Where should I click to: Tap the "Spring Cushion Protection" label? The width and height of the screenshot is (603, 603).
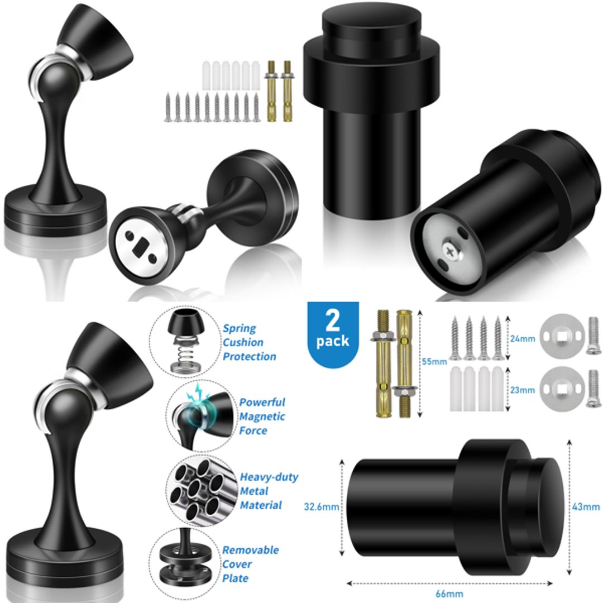pos(249,342)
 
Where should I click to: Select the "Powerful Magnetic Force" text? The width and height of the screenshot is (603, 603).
pos(262,417)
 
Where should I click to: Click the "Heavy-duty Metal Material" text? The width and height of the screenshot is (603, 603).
pos(268,491)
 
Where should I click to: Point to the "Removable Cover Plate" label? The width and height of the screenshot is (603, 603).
pos(250,563)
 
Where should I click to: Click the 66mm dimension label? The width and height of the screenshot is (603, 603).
pos(450,594)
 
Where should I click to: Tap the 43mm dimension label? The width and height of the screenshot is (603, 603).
pos(586,507)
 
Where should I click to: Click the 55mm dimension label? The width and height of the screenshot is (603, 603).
pos(434,361)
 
